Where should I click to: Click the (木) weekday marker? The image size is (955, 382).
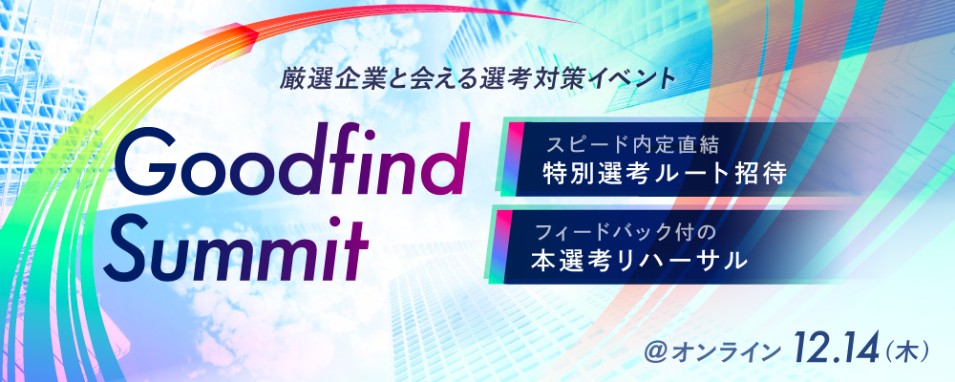click(x=903, y=350)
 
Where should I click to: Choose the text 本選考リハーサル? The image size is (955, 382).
click(x=639, y=260)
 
